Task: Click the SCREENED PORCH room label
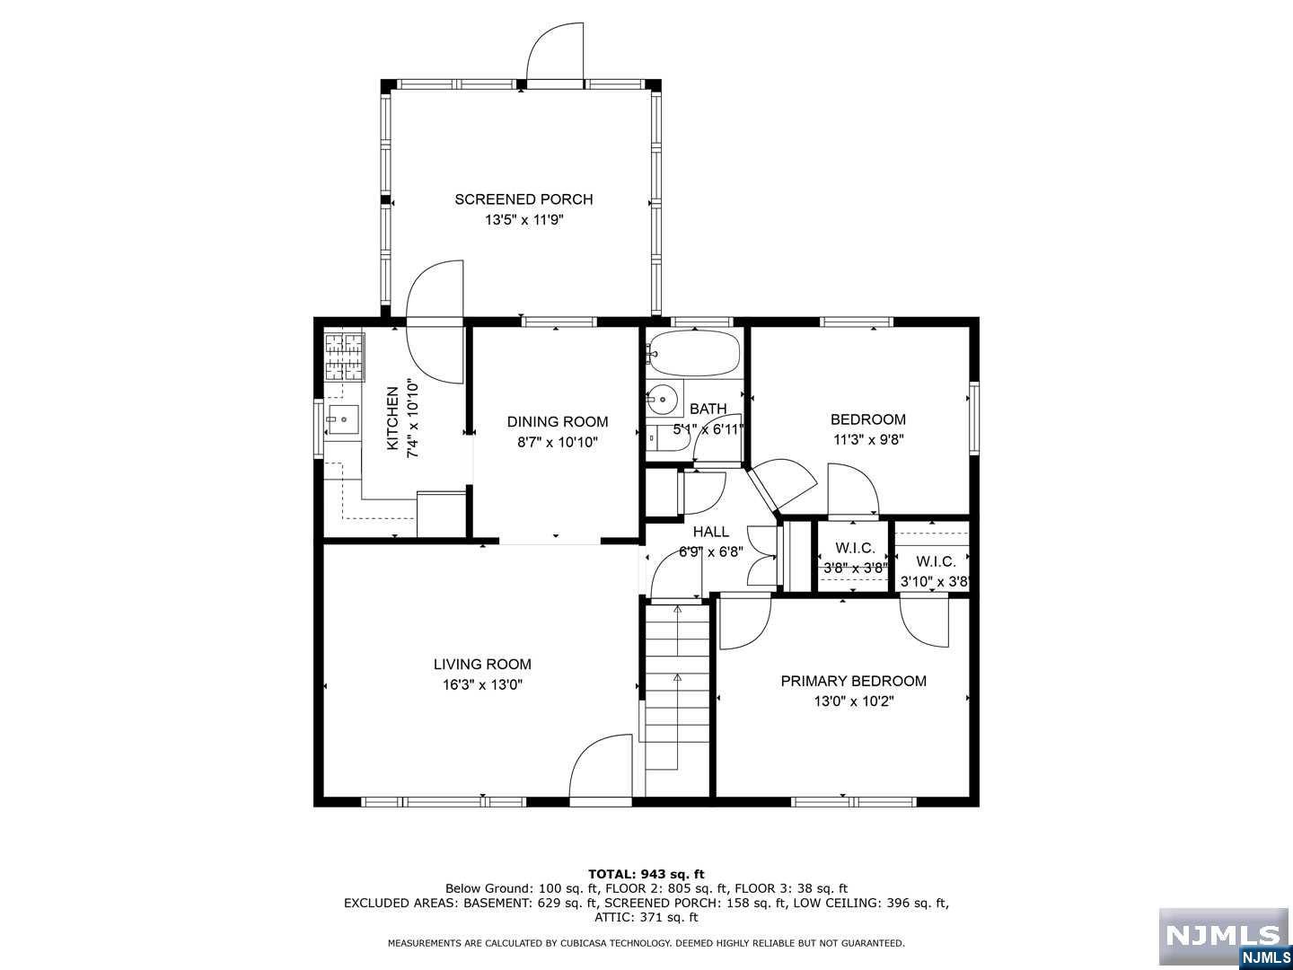point(523,199)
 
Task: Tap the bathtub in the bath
point(693,353)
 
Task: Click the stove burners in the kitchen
point(344,356)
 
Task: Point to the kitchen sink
point(342,419)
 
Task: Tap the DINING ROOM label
point(557,422)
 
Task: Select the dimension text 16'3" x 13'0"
point(482,685)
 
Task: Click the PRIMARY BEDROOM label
point(853,682)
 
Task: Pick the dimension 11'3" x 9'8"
point(867,440)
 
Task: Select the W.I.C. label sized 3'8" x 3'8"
point(855,548)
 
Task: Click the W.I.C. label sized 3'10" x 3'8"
point(936,562)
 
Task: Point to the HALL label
point(710,533)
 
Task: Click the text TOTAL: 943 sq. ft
point(646,874)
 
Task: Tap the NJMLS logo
point(1223,937)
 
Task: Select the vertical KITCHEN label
point(392,419)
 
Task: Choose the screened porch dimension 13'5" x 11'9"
point(523,220)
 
